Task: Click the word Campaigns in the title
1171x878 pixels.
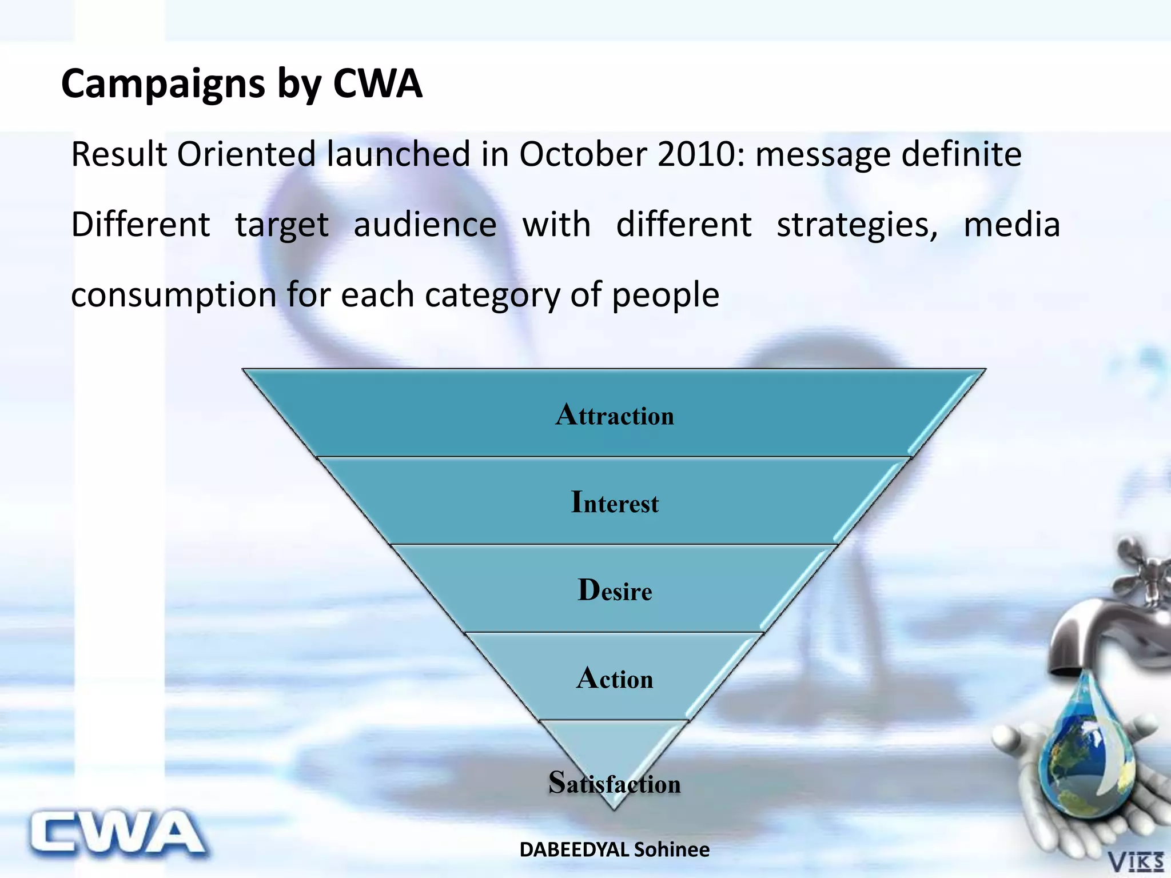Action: tap(163, 85)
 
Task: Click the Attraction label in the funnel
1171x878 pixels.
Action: tap(615, 414)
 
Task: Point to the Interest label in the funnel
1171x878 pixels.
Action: tap(615, 502)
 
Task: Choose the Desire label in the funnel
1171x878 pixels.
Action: tap(615, 590)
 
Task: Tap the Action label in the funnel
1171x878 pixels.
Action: tap(615, 678)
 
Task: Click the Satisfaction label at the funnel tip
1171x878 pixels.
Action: tap(615, 783)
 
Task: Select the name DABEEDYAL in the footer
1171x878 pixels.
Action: tap(574, 850)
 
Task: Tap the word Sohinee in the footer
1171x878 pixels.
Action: tap(672, 850)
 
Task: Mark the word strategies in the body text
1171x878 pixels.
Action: tap(857, 225)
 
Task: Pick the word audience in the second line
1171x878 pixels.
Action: tap(425, 225)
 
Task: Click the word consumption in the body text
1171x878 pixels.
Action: tap(174, 296)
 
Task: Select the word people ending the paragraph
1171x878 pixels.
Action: tap(666, 296)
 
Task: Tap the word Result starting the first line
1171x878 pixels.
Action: tap(119, 154)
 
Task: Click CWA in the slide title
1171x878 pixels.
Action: tap(377, 85)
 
